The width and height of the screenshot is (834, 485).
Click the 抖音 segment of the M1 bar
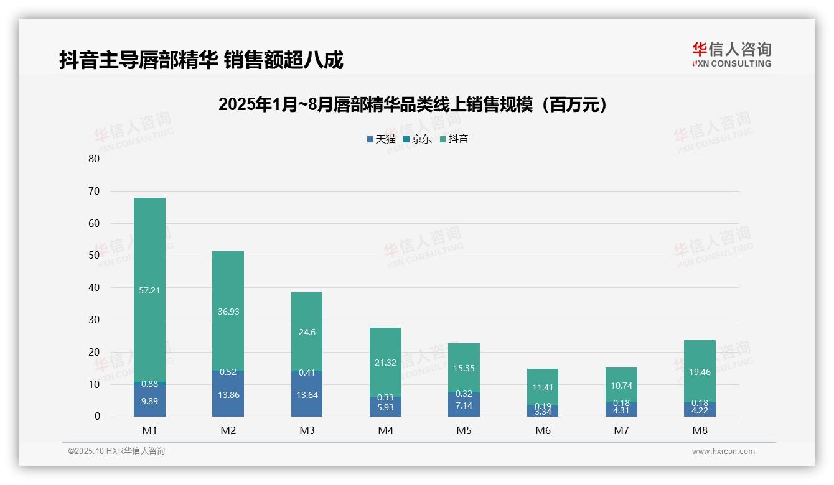click(149, 261)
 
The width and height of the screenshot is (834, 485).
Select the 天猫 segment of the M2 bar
click(228, 398)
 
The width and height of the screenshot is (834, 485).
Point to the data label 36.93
click(228, 312)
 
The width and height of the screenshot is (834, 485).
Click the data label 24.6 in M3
click(307, 332)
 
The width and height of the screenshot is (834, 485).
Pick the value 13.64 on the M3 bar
click(307, 395)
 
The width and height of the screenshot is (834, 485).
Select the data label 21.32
click(385, 363)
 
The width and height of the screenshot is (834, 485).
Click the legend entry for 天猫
click(381, 139)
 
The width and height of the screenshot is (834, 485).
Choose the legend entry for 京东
click(417, 139)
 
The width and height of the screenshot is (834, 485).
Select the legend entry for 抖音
click(454, 139)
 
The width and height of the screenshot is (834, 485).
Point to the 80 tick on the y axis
click(94, 159)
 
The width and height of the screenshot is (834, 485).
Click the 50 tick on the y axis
click(94, 256)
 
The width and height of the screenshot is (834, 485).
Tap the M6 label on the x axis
click(543, 430)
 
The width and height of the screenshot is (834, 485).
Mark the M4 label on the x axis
click(385, 430)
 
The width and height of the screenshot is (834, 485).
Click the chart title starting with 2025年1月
click(413, 105)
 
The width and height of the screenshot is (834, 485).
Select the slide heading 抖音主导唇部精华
click(201, 60)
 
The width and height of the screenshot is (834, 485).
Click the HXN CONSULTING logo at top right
click(731, 55)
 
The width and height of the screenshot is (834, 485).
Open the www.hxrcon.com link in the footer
click(723, 451)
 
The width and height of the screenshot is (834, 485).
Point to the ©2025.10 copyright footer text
click(116, 451)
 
